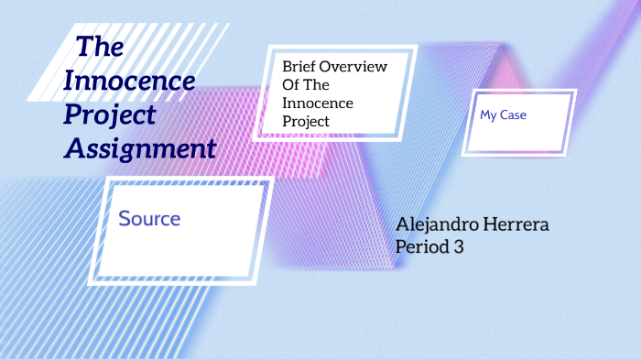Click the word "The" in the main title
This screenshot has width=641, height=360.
[100, 47]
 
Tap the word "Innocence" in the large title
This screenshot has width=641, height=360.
[130, 81]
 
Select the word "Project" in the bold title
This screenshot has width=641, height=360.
[110, 115]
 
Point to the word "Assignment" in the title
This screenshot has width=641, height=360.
[140, 147]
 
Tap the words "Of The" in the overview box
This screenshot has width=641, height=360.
[306, 85]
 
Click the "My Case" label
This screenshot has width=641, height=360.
[503, 116]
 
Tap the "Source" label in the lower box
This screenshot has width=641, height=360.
[149, 219]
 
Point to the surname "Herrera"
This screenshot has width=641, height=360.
[516, 225]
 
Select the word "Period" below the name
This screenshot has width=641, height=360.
[422, 245]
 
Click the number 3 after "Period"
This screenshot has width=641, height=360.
[461, 245]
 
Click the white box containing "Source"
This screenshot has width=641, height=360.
[183, 229]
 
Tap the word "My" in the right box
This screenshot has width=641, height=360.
[488, 116]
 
